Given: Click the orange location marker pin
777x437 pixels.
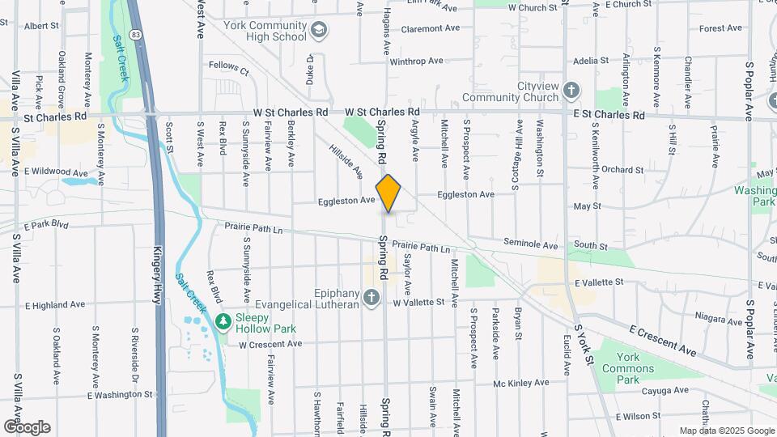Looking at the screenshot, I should [x=388, y=193].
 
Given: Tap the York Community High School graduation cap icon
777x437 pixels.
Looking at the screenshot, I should [x=320, y=31].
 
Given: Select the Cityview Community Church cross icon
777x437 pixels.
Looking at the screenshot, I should [x=571, y=91].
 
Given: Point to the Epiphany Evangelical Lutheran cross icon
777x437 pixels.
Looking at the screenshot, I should [x=372, y=297].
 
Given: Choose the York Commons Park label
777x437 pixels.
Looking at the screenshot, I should [x=639, y=368].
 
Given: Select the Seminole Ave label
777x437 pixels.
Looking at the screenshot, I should [x=530, y=244].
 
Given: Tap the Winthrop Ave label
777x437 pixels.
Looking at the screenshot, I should [x=417, y=61].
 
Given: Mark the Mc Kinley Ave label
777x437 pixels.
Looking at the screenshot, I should [x=522, y=384].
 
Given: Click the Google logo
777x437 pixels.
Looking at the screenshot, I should [x=27, y=426].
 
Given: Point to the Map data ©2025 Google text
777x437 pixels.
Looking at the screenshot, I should [x=725, y=431].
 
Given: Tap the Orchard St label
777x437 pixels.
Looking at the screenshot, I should [x=622, y=170].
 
